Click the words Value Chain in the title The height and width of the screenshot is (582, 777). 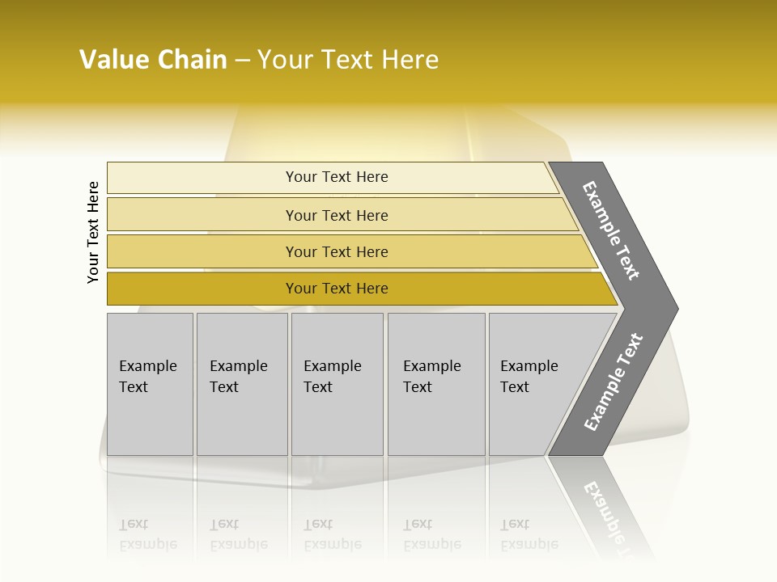pyautogui.click(x=153, y=60)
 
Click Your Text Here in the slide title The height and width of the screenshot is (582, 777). pyautogui.click(x=348, y=60)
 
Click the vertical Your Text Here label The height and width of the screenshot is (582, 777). pyautogui.click(x=93, y=233)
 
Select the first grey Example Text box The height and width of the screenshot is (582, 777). pyautogui.click(x=150, y=384)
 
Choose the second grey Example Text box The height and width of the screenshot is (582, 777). pyautogui.click(x=241, y=384)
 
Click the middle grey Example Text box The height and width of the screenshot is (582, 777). pyautogui.click(x=337, y=384)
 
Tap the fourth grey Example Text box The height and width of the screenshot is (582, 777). pyautogui.click(x=435, y=384)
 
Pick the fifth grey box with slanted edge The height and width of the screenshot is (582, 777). pyautogui.click(x=534, y=384)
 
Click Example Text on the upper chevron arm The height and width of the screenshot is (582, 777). pyautogui.click(x=611, y=231)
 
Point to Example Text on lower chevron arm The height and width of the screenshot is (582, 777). pyautogui.click(x=614, y=382)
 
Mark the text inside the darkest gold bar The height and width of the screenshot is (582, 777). pyautogui.click(x=337, y=289)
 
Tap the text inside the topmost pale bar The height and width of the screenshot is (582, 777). pyautogui.click(x=337, y=177)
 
